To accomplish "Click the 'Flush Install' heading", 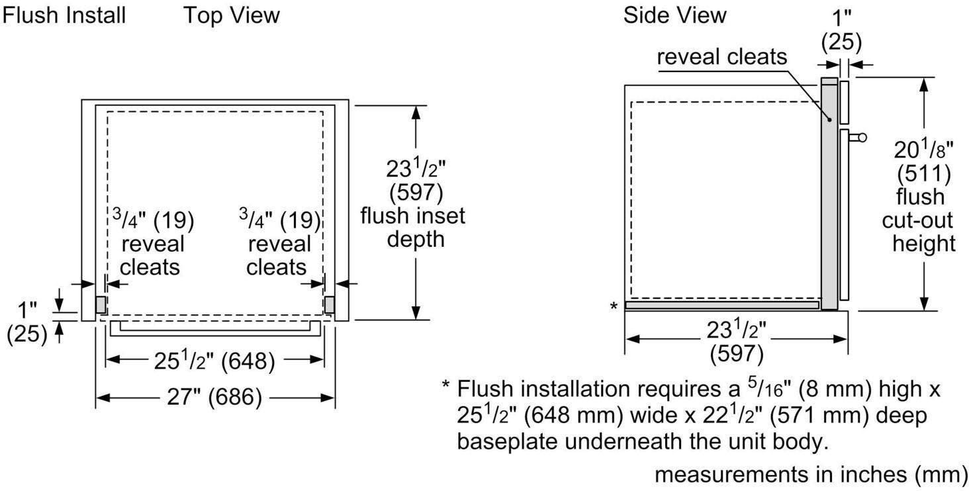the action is (64, 15).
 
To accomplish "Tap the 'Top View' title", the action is (232, 15).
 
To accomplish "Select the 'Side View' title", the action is (675, 15).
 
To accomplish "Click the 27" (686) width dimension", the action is (214, 396).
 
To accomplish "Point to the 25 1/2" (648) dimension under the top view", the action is (214, 360).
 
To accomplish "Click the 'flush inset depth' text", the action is (413, 227).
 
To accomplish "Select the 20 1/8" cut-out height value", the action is (923, 150).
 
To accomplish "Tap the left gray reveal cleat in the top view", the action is (101, 304).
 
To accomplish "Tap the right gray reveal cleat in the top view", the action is (329, 304).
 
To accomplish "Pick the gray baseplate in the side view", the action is (722, 305).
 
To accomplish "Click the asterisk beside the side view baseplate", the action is (614, 306).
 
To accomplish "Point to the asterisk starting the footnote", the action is (445, 384).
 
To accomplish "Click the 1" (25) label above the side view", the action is (841, 30).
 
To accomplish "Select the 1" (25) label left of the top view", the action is (27, 322).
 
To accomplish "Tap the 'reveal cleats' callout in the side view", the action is (722, 57).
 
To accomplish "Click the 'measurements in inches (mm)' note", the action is (811, 474).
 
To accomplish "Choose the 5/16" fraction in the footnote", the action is (765, 388).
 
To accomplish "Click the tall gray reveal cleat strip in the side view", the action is (829, 193).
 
